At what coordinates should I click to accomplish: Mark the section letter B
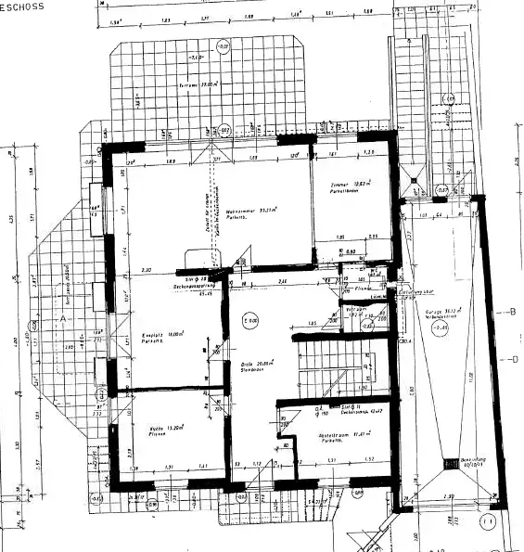[x=512, y=312]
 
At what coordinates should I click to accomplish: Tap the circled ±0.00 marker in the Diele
[x=249, y=321]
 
